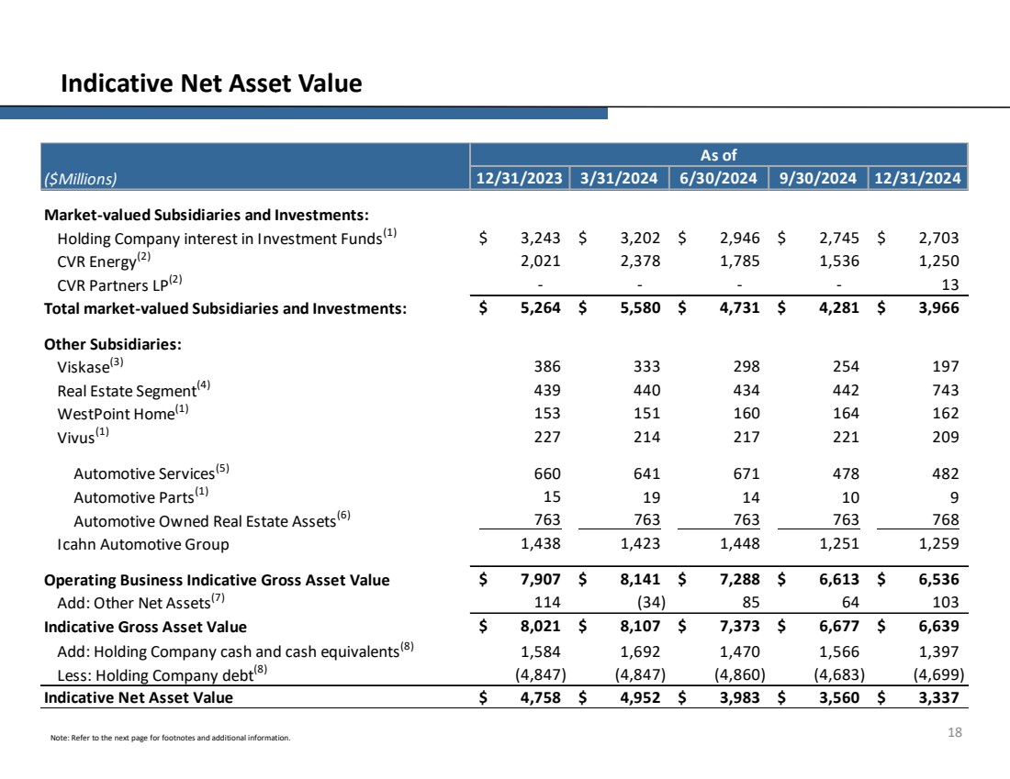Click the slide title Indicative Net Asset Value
[x=211, y=84]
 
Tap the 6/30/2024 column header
[x=718, y=178]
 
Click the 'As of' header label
[x=718, y=155]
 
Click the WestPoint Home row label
[x=116, y=413]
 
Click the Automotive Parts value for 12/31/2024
[x=953, y=496]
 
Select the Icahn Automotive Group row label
[x=142, y=544]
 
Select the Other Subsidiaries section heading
[x=113, y=345]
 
